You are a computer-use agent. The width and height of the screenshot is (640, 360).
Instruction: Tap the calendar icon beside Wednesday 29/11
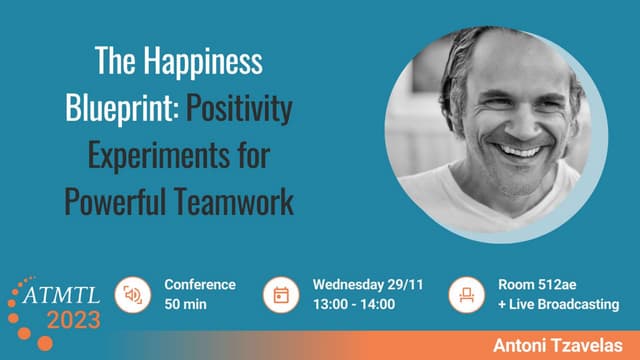pos(281,295)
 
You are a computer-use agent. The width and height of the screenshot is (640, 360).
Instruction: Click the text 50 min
pos(186,304)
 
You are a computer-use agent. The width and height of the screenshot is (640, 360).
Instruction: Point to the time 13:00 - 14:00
pos(354,304)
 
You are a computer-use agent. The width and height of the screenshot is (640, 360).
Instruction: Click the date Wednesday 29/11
pos(368,285)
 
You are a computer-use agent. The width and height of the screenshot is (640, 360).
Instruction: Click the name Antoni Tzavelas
pos(556,344)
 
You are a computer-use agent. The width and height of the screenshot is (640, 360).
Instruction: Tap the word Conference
pos(200,285)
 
